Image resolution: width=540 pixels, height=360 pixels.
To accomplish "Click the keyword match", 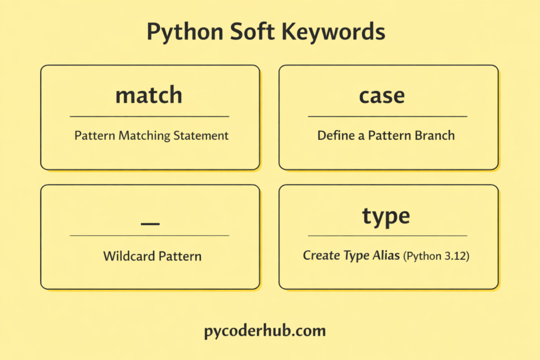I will pos(149,95).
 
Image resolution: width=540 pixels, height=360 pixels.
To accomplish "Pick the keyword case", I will pos(382,95).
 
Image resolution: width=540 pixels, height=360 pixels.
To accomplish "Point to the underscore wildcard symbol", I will pos(150,223).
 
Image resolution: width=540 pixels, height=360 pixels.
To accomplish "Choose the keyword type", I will pos(386,216).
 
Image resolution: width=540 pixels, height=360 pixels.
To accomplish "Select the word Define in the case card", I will pos(334,135).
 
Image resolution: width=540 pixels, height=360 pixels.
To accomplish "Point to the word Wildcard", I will pos(127,257).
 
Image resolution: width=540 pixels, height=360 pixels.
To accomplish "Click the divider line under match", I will pos(149,116).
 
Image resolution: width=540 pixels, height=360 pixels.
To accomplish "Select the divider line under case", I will pos(388,116).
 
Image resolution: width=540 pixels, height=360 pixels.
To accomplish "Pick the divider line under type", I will pos(388,236).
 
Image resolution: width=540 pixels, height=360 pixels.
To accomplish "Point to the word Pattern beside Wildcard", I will pos(178,257).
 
